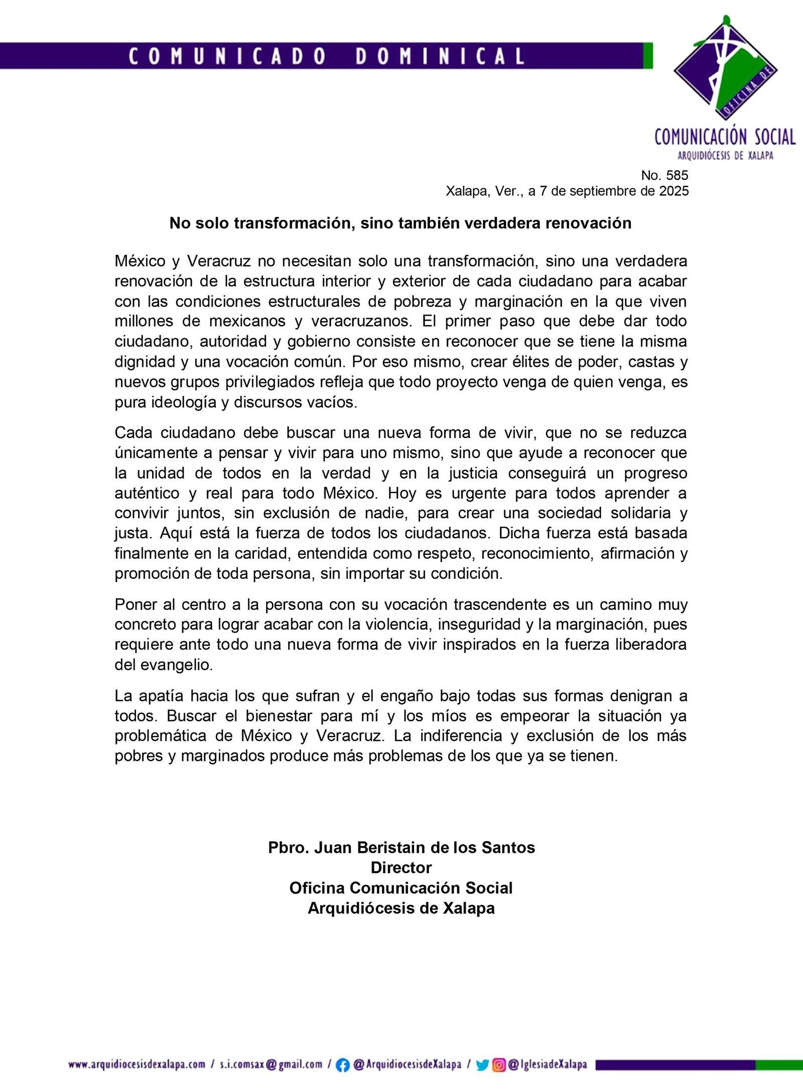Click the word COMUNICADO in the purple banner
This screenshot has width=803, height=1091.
click(x=227, y=56)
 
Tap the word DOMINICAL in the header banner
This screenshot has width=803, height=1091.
click(x=440, y=56)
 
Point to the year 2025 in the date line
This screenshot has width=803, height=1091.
click(x=674, y=191)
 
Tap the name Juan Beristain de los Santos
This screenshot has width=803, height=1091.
click(x=425, y=847)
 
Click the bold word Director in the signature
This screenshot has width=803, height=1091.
click(x=401, y=867)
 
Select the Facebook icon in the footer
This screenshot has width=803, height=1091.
click(x=342, y=1065)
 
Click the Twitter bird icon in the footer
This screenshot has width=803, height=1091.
click(x=482, y=1065)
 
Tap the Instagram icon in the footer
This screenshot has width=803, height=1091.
click(x=499, y=1065)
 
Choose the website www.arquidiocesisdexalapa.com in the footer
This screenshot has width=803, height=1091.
click(x=137, y=1064)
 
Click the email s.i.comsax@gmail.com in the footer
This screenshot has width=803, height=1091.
click(x=271, y=1064)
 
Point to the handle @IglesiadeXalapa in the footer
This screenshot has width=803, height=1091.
click(x=547, y=1064)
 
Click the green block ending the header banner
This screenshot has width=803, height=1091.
click(x=648, y=56)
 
